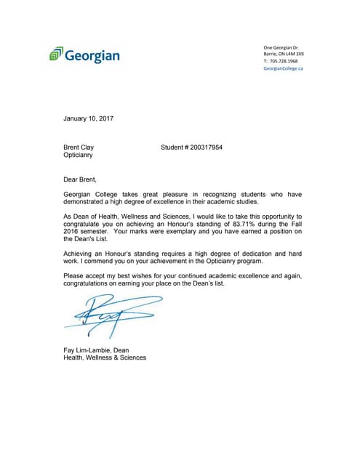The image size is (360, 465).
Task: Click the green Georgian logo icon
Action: click(x=56, y=54)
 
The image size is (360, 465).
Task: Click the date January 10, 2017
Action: click(x=88, y=118)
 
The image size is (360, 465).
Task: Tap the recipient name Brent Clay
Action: click(x=79, y=147)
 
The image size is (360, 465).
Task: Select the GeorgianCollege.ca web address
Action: click(x=283, y=68)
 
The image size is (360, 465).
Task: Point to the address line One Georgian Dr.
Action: click(x=281, y=47)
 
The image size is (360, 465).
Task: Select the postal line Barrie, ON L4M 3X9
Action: click(x=284, y=54)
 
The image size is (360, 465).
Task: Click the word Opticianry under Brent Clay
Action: click(x=79, y=155)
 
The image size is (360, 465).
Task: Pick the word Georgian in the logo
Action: click(x=93, y=55)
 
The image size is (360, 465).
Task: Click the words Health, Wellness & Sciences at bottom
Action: click(x=105, y=357)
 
